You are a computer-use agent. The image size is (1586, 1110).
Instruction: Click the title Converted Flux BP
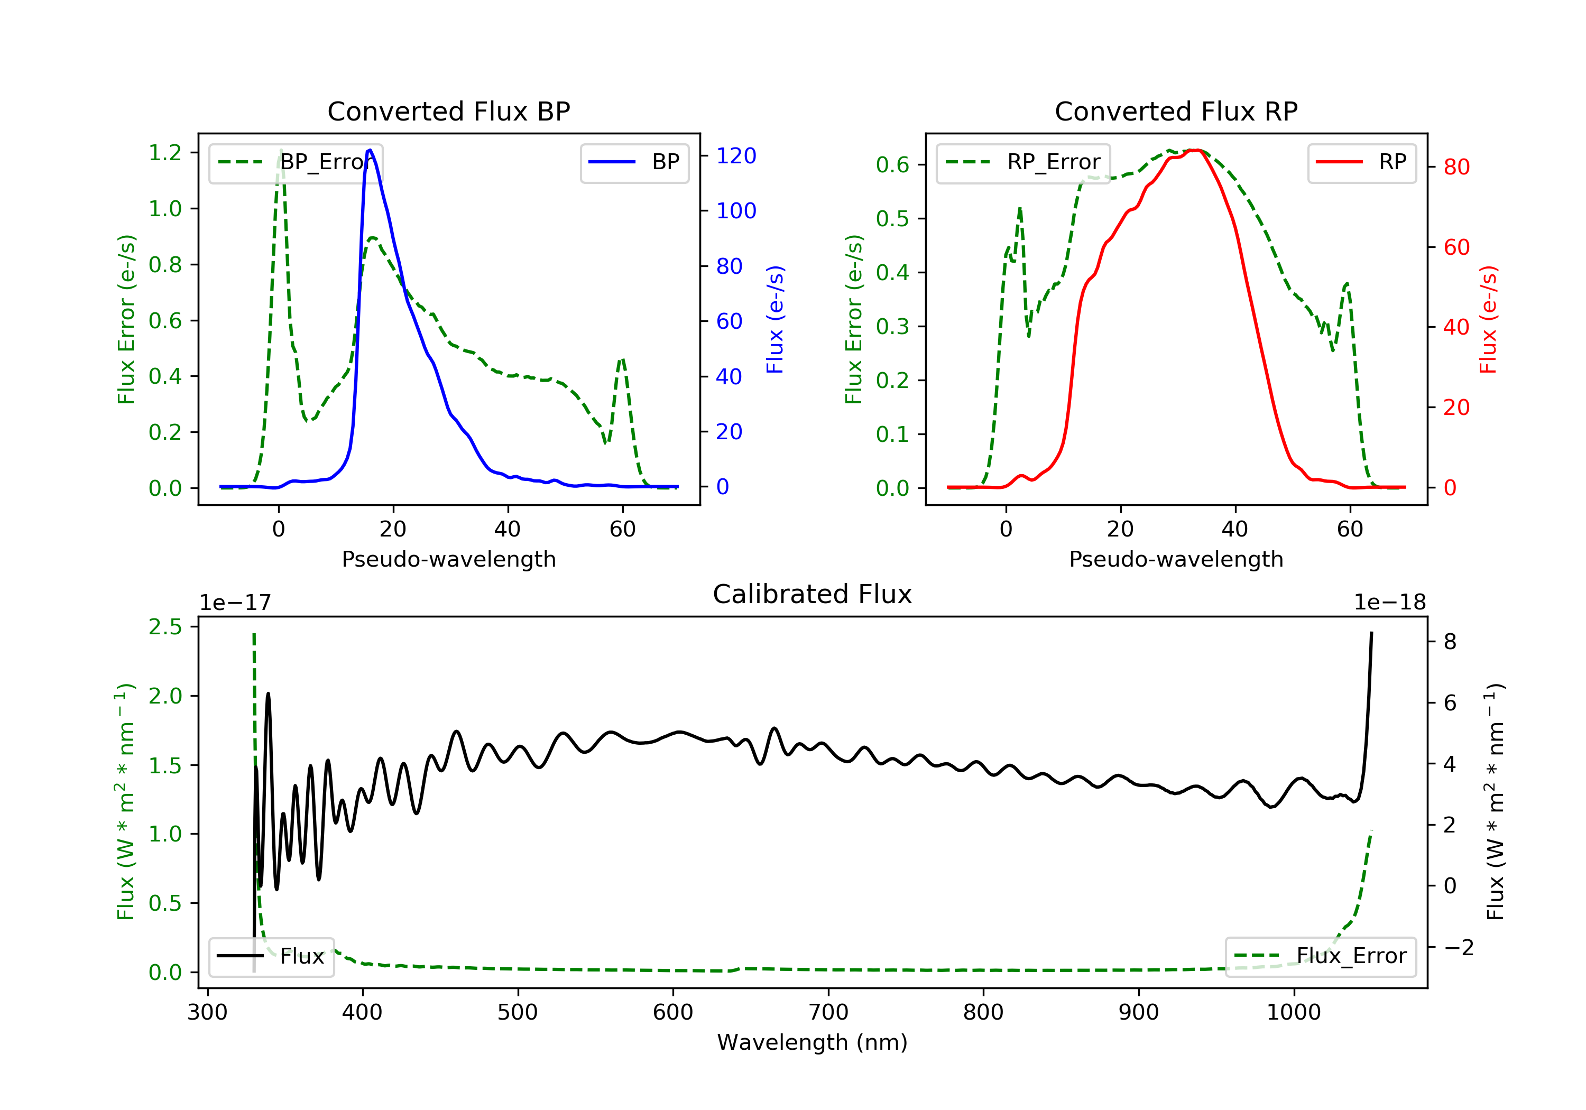[448, 111]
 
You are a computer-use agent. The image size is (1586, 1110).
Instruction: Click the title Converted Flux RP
[1176, 111]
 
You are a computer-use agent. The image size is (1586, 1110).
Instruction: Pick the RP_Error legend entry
[1023, 162]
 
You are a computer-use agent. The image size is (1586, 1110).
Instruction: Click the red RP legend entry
[1361, 162]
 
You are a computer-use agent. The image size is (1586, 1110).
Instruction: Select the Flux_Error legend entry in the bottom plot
[1320, 956]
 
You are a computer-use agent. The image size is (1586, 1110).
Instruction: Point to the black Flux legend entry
[272, 956]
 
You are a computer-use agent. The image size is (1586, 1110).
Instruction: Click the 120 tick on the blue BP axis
[736, 156]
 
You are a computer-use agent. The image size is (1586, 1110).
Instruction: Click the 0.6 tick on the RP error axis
[892, 165]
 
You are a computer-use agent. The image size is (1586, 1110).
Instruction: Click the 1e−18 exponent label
[1389, 603]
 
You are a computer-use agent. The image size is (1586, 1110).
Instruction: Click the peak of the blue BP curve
[370, 150]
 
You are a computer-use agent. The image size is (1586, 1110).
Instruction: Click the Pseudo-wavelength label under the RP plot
[1176, 559]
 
